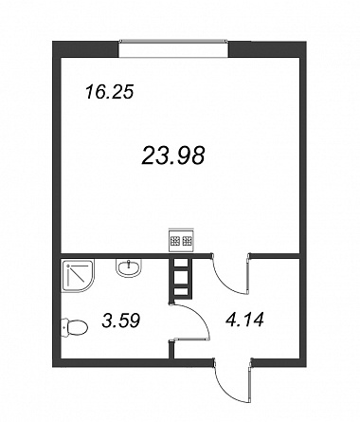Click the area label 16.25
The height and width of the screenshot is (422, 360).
(x=110, y=92)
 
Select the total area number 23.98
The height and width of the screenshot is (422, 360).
(x=173, y=156)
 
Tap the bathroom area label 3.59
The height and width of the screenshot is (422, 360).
(x=121, y=321)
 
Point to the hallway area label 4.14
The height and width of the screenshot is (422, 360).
(x=244, y=320)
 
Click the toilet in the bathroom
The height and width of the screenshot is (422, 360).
(x=75, y=327)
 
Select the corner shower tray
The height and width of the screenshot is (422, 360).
(x=78, y=276)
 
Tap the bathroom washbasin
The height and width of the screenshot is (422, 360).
(x=129, y=268)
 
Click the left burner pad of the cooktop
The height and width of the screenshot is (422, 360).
(x=175, y=241)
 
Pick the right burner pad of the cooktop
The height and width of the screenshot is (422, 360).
(x=187, y=241)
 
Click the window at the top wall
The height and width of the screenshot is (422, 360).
(x=173, y=49)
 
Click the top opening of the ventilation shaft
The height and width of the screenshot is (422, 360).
(x=181, y=263)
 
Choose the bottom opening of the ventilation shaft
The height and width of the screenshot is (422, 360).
(x=181, y=292)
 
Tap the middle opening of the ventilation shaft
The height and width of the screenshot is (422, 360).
(x=181, y=277)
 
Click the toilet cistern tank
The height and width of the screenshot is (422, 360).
(x=64, y=327)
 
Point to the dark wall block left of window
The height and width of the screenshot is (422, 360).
(x=85, y=49)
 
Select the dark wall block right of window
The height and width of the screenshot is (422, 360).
(x=267, y=49)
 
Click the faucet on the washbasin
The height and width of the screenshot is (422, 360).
(x=129, y=263)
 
